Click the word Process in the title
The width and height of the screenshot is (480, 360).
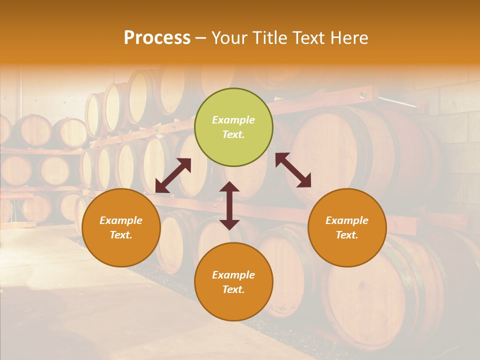click(x=157, y=38)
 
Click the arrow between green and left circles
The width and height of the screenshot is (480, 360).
click(x=173, y=175)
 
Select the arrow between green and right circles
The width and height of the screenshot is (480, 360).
click(x=293, y=170)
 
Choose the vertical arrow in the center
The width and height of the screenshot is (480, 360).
click(x=229, y=205)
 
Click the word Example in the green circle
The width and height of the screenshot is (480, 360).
click(x=233, y=120)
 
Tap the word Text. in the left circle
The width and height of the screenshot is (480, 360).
click(x=121, y=235)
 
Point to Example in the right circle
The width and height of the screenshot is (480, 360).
click(x=347, y=220)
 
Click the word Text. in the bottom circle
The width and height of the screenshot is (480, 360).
click(x=233, y=289)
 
